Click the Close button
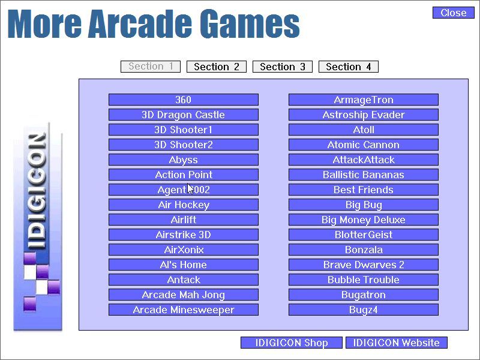tap(453, 13)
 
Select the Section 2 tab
tap(217, 67)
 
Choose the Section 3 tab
tap(283, 67)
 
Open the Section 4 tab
tap(349, 67)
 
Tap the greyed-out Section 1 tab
tap(151, 67)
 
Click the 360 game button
tap(184, 100)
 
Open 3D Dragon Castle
tap(184, 115)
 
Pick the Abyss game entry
tap(184, 160)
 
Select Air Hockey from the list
tap(184, 205)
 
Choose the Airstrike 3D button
tap(184, 235)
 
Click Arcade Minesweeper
tap(184, 310)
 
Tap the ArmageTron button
tap(364, 100)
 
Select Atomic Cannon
tap(364, 145)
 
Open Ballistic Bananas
tap(364, 175)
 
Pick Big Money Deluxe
tap(364, 220)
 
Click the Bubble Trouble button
tap(364, 280)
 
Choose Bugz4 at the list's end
tap(364, 310)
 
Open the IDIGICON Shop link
tap(292, 343)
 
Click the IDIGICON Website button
tap(397, 343)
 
